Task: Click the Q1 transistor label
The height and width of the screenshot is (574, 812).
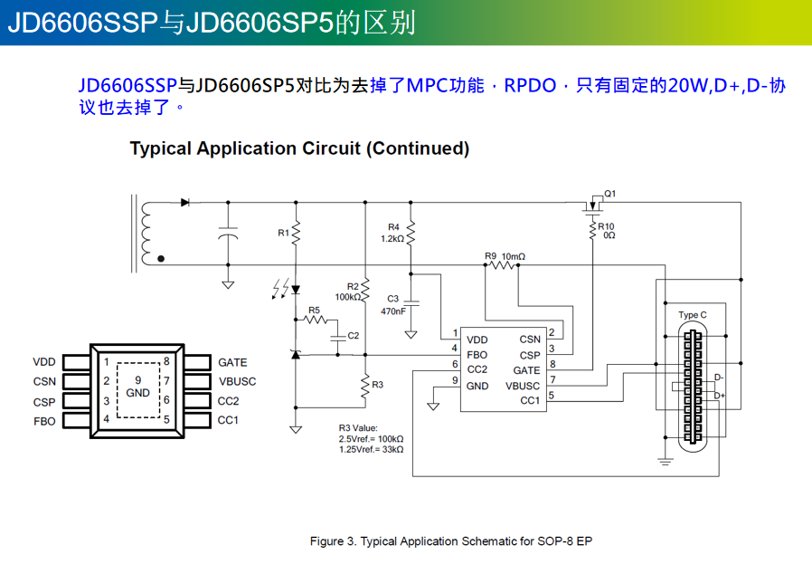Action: coord(610,194)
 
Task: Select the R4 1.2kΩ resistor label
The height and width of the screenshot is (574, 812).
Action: coord(392,233)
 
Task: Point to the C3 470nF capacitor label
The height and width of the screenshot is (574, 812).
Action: coord(392,304)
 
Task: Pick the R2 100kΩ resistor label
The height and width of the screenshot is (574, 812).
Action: coord(348,292)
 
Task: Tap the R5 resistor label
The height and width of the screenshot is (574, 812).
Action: coord(314,311)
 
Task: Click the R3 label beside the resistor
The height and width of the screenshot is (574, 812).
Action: coord(377,385)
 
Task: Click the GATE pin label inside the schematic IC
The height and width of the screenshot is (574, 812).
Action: coord(526,370)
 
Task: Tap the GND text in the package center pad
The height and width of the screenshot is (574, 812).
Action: coord(137,393)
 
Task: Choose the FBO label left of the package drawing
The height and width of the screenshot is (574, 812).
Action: coord(44,421)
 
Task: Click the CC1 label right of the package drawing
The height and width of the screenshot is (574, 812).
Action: coord(228,420)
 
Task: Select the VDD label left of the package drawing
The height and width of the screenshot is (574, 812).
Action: coord(44,362)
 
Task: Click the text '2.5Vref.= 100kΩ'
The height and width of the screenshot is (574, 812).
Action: coord(371,438)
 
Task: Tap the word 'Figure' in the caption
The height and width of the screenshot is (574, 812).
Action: coord(326,542)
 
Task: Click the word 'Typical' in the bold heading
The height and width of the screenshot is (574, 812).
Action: coord(161,148)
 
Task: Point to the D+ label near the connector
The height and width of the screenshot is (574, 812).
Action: coord(720,396)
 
